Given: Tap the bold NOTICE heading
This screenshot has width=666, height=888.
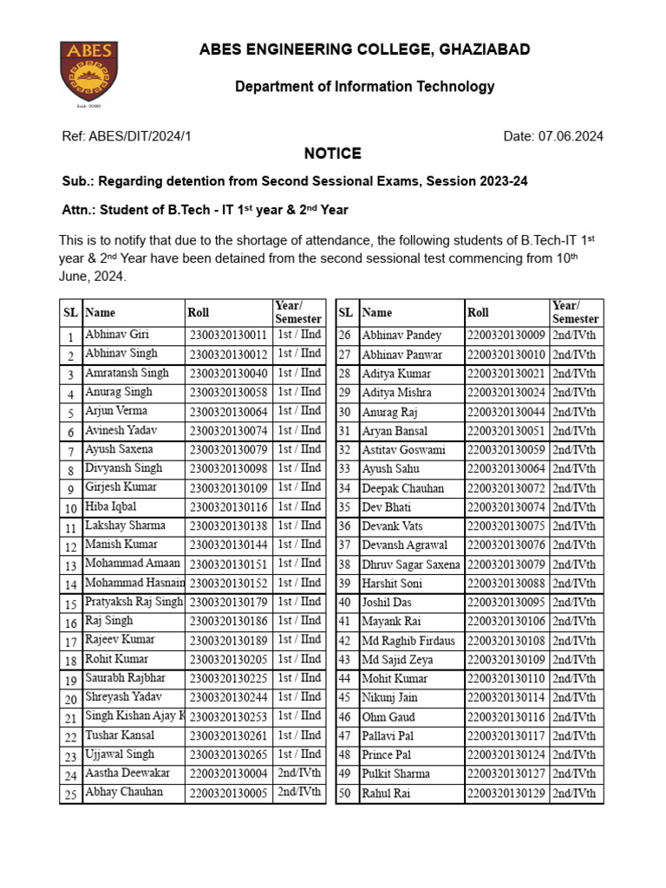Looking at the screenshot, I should [x=332, y=153].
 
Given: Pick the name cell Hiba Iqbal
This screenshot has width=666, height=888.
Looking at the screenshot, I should [x=110, y=506].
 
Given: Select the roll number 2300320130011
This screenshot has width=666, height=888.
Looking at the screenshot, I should [x=228, y=335].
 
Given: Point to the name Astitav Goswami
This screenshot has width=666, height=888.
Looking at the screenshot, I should [x=403, y=450].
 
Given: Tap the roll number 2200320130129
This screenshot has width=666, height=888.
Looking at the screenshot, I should [x=506, y=793].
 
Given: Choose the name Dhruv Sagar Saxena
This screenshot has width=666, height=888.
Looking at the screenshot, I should [x=411, y=565].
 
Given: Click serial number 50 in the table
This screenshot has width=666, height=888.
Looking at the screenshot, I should [x=344, y=793].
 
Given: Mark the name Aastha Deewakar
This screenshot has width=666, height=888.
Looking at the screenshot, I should [x=127, y=774].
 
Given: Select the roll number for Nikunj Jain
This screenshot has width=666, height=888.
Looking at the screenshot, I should [x=506, y=697].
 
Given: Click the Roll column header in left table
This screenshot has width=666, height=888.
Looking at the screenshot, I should [x=198, y=312].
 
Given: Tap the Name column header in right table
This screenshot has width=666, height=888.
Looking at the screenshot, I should [x=377, y=312].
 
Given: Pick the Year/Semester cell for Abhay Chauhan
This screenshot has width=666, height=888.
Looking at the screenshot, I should [x=299, y=792].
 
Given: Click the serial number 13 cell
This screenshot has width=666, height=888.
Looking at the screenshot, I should [x=70, y=565].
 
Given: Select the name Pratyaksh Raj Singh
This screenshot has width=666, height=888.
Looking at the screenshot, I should [x=134, y=602].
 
